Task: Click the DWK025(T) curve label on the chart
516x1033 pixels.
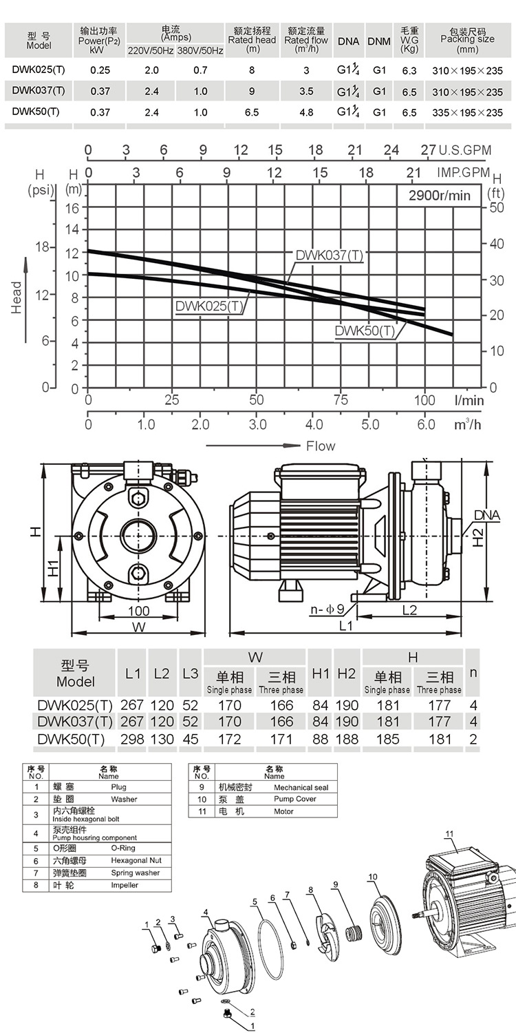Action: coord(209,306)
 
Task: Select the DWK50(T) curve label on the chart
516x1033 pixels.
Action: coord(365,331)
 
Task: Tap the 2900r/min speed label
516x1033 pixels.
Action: coord(440,195)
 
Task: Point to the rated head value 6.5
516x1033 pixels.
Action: coord(252,112)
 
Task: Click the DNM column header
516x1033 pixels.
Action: coord(379,41)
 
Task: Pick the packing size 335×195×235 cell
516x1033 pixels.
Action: coord(467,112)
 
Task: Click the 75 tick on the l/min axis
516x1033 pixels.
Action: coord(341,399)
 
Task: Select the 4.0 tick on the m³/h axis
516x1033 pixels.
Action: coord(314,424)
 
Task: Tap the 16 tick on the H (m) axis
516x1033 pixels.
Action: coord(72,208)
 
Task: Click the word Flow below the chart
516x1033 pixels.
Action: coord(321,446)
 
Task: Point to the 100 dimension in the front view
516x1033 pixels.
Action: coord(139,611)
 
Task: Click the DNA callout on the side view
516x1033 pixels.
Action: coord(487,515)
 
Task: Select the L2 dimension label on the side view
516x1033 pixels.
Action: coord(409,610)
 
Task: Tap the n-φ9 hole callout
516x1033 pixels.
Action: coord(327,609)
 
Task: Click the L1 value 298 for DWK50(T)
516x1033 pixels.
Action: coord(132,739)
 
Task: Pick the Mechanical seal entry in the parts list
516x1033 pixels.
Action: coord(301,787)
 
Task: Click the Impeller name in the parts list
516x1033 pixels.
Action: coord(125,885)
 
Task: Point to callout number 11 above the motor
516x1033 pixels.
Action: coord(449,834)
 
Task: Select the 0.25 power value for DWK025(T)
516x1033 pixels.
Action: coord(100,70)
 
